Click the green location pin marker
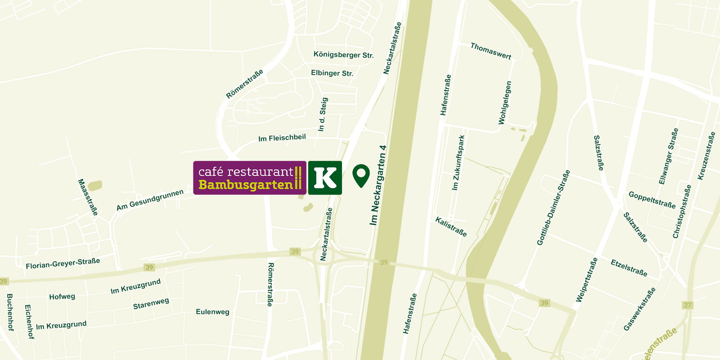click(x=361, y=175)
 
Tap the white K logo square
click(x=325, y=178)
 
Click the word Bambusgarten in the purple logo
click(x=246, y=185)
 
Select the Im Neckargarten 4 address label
click(x=378, y=185)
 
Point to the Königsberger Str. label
click(x=343, y=55)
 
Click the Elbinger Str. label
click(x=332, y=73)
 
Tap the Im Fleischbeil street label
click(x=282, y=138)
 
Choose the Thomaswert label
click(x=490, y=51)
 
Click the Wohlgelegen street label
click(x=505, y=103)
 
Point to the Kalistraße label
click(x=451, y=226)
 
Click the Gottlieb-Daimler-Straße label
click(x=553, y=207)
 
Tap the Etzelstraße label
click(x=629, y=268)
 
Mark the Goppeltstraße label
click(x=652, y=200)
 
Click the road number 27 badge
click(x=688, y=305)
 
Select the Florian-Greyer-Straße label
click(x=63, y=263)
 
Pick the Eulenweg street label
click(x=212, y=311)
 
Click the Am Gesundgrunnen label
click(x=150, y=200)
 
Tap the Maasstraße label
click(x=88, y=197)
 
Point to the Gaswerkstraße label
click(x=639, y=309)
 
